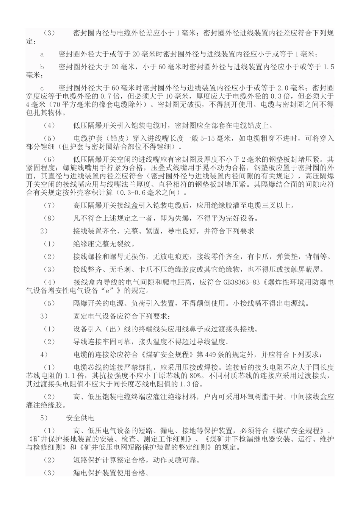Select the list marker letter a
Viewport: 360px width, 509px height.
pos(42,54)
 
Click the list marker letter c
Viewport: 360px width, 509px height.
pos(42,87)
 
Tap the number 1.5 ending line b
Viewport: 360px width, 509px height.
pos(329,67)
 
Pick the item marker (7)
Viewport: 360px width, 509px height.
pos(49,206)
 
